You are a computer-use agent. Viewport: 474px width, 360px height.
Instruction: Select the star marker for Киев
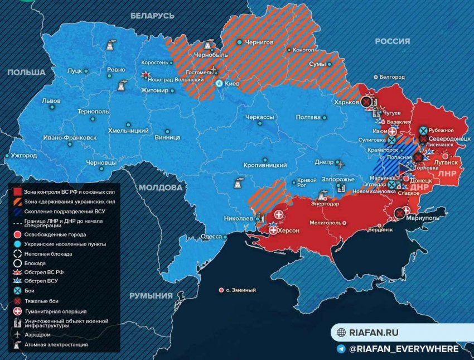220,84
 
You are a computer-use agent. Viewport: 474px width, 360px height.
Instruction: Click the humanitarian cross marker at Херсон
273,230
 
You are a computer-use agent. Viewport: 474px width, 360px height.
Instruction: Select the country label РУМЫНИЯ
151,295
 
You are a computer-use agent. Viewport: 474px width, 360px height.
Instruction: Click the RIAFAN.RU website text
374,332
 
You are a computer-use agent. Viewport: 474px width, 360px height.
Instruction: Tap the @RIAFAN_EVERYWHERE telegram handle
403,349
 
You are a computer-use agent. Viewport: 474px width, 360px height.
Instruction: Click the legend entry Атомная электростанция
55,345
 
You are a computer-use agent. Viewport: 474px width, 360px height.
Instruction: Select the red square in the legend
17,192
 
